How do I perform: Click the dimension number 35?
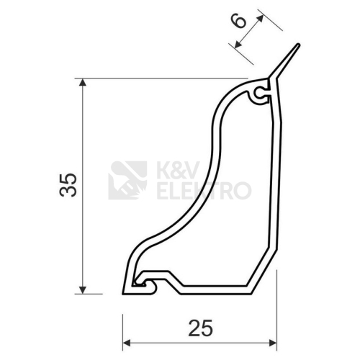coord(68,185)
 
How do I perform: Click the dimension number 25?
coord(201,328)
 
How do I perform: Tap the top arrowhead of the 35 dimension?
coord(83,82)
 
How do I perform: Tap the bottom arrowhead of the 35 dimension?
coord(83,290)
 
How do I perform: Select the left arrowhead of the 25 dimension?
coord(127,343)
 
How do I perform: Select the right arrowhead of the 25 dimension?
coord(273,343)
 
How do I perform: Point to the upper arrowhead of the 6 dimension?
coord(260,19)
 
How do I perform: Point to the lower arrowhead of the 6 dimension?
coord(238,45)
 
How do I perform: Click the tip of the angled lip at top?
coord(298,45)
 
